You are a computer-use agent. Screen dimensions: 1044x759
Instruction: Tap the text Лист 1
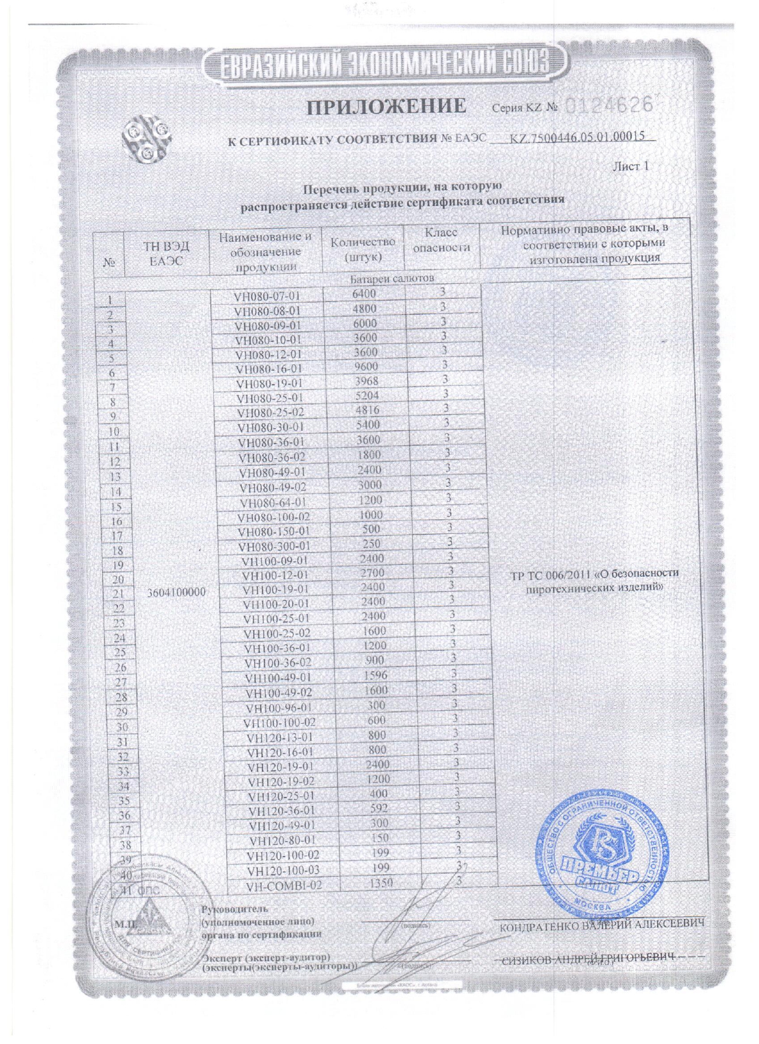pyautogui.click(x=630, y=166)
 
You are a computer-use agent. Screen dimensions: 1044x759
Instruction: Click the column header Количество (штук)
pyautogui.click(x=363, y=249)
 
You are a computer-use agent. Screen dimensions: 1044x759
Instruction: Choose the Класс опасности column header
pyautogui.click(x=442, y=240)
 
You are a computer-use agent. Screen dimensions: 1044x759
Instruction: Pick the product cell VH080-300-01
pyautogui.click(x=274, y=546)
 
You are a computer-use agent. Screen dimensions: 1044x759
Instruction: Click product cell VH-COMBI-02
pyautogui.click(x=284, y=885)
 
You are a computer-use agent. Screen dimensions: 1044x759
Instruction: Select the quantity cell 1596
pyautogui.click(x=374, y=675)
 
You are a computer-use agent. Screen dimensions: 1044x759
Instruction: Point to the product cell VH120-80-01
pyautogui.click(x=282, y=840)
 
